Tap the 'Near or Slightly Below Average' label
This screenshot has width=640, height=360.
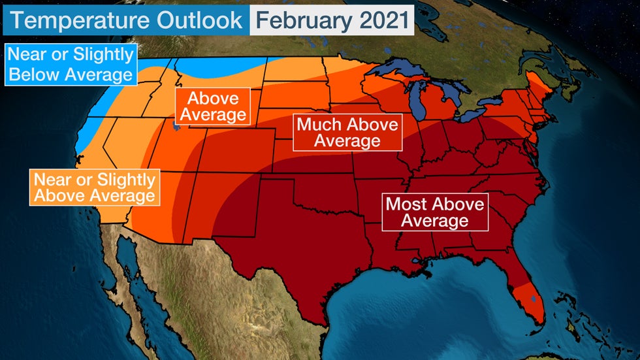[71, 64]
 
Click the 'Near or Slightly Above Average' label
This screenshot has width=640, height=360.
[94, 187]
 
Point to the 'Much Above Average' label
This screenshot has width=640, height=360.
[347, 133]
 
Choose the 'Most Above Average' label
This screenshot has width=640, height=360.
[434, 212]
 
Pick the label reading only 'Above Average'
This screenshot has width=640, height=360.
[213, 106]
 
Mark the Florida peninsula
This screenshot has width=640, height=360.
[522, 287]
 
